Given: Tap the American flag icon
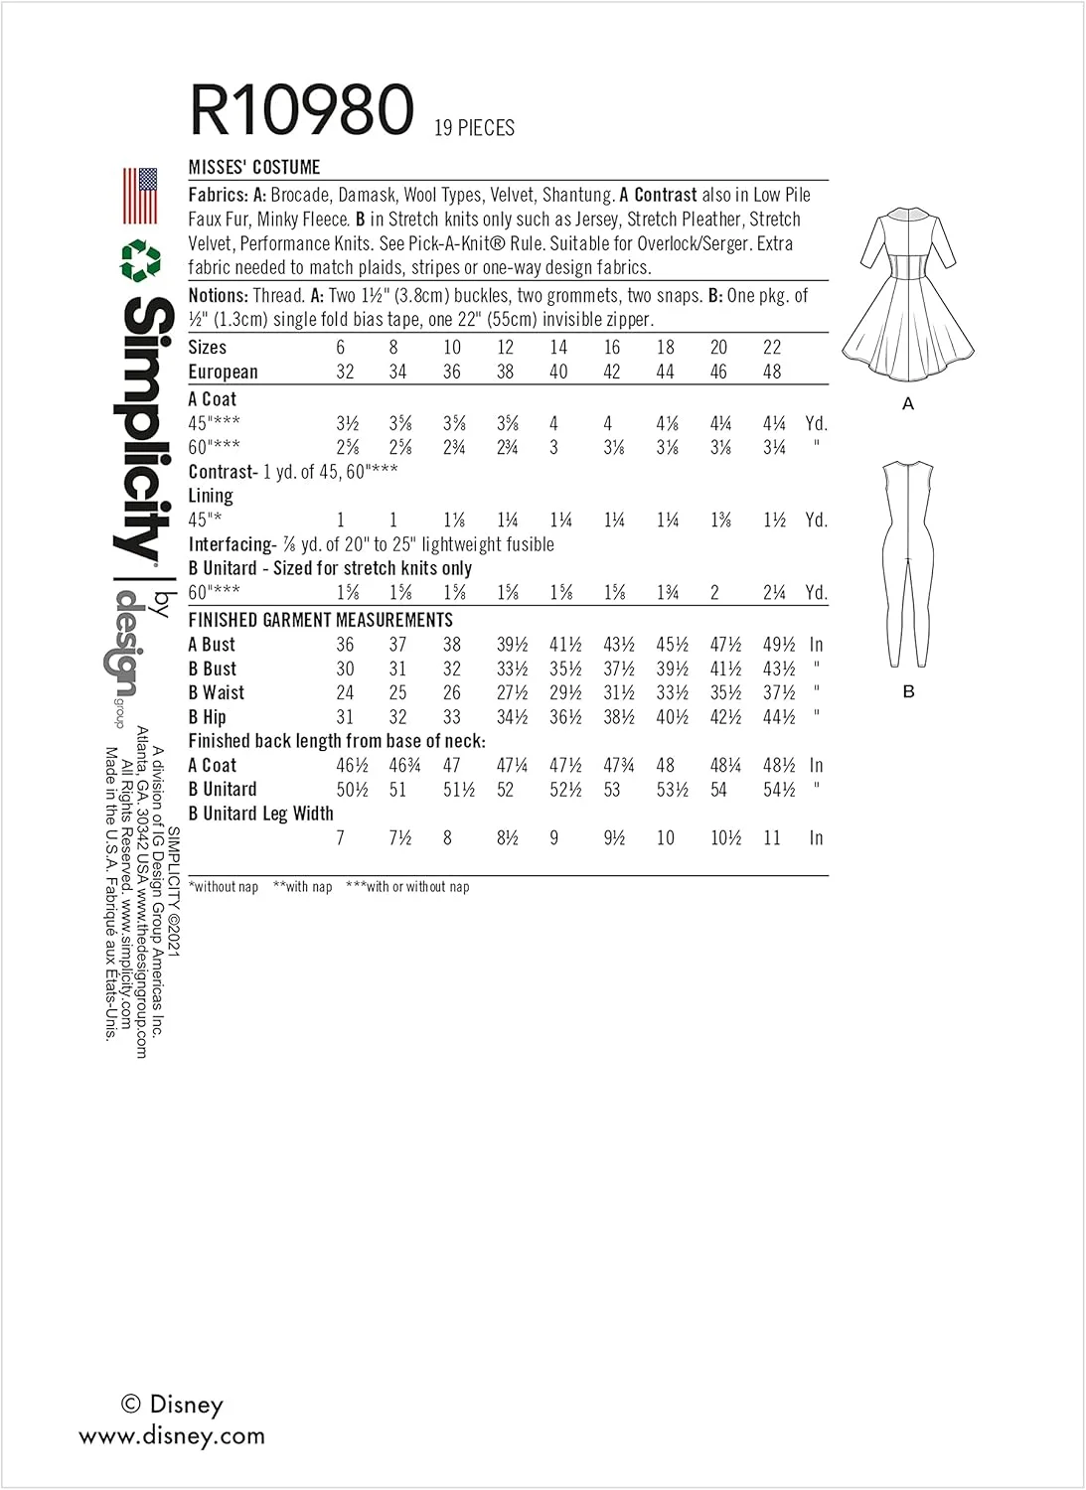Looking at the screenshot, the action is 140,196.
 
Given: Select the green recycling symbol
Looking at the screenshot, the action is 140,259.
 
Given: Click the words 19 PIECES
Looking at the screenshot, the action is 474,128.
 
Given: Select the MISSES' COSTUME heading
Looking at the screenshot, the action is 254,168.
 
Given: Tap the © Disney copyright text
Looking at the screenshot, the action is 172,1404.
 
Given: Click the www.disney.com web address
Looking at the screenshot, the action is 172,1435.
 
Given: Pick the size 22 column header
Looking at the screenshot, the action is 772,348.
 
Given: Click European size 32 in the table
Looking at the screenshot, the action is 345,372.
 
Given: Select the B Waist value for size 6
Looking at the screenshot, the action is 345,692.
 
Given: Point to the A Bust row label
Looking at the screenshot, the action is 212,645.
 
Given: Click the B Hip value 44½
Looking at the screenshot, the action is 778,717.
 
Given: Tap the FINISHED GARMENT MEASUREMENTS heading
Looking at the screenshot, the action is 320,620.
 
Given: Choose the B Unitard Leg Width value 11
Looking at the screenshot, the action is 772,837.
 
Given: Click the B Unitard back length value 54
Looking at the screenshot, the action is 718,790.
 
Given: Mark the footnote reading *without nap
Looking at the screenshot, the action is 224,886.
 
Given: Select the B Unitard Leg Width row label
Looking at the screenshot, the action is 260,814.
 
